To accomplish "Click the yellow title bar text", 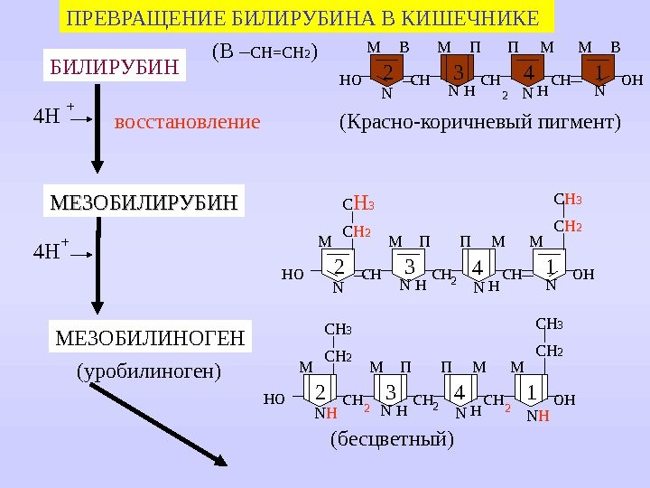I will click(x=304, y=17).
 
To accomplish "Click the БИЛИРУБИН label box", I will click(x=115, y=65).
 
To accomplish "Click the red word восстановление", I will click(x=187, y=121).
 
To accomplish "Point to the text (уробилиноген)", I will click(x=149, y=371).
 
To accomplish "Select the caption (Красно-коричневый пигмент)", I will click(x=480, y=121).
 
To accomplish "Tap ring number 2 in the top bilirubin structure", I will click(x=386, y=71).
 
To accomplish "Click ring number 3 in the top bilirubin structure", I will click(x=458, y=71).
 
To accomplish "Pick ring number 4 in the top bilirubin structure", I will click(x=529, y=71).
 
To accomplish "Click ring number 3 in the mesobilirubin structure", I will click(x=409, y=267).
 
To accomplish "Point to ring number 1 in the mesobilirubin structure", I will click(x=549, y=266).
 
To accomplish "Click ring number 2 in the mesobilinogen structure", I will click(x=320, y=392).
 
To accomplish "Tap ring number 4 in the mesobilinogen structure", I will click(x=460, y=392).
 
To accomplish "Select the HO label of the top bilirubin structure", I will click(x=350, y=80).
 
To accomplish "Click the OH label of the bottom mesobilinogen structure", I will click(x=564, y=399).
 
